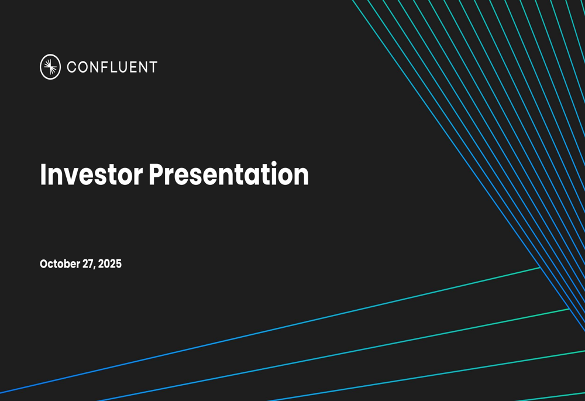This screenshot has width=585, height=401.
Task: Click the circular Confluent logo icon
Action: click(50, 67)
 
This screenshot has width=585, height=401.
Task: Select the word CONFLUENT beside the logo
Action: click(112, 67)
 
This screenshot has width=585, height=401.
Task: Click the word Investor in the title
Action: click(91, 174)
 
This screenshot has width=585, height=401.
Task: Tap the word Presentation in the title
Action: click(228, 174)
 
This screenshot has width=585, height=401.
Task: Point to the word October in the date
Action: click(60, 264)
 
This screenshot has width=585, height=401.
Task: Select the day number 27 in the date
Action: click(88, 264)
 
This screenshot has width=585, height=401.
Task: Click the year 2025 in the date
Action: click(110, 264)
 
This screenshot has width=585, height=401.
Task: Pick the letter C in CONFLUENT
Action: click(72, 67)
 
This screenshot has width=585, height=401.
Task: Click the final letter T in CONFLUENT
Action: click(153, 67)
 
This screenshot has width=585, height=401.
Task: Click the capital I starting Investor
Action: click(43, 174)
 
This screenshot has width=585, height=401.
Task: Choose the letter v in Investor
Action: click(67, 177)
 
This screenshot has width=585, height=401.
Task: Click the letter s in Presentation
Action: click(194, 177)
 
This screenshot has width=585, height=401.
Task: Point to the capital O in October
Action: click(44, 264)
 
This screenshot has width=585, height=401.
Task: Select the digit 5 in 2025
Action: click(119, 264)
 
